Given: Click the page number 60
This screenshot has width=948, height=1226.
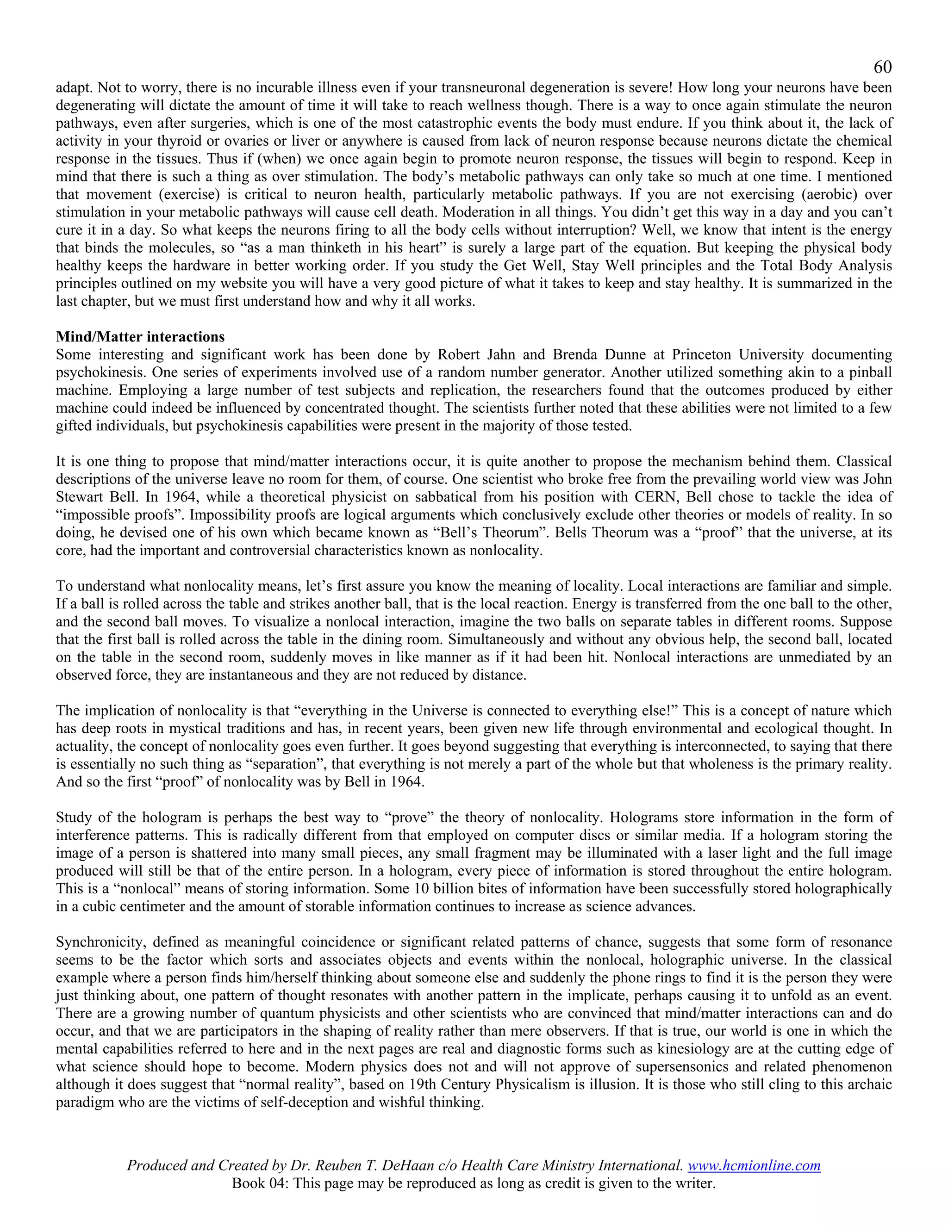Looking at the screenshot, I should click(882, 68).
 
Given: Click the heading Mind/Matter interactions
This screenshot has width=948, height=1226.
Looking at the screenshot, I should click(140, 337).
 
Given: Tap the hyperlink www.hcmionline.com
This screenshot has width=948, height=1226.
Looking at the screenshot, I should click(754, 1165).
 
